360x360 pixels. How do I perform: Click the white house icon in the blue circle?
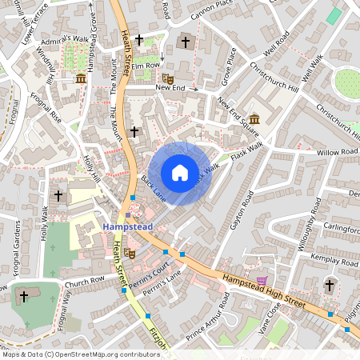pos(180,173)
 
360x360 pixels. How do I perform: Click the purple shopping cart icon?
pos(262,281)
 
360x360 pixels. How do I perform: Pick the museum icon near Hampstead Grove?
pos(81,78)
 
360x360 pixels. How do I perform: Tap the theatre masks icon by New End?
pos(168,78)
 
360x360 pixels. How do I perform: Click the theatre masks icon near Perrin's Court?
pos(131,254)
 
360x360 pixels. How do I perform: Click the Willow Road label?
pos(338,150)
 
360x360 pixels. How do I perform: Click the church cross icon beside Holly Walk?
pos(58,194)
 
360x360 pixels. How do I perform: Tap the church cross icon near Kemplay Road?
pos(329,284)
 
